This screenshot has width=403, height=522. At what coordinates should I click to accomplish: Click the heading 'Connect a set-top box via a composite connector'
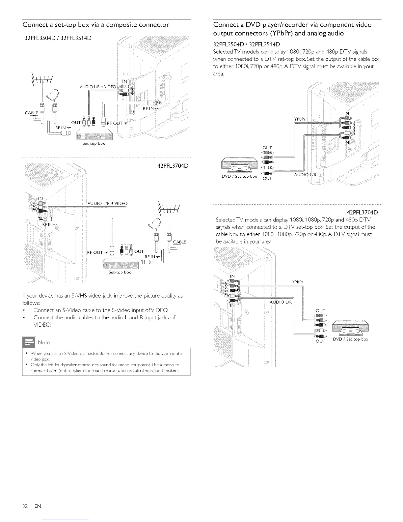(96, 25)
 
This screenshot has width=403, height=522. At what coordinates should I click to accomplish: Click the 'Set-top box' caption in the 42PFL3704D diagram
(120, 273)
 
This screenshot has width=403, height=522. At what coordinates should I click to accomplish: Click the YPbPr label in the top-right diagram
(300, 119)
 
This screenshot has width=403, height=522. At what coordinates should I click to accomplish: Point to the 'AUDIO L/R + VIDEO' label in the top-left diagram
(97, 87)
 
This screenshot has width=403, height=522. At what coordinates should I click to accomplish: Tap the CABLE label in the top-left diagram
(31, 113)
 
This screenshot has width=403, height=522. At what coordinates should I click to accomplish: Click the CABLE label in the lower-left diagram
(179, 242)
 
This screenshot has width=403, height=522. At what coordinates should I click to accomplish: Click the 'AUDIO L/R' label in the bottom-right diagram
(281, 303)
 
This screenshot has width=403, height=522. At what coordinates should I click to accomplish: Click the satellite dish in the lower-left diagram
(155, 225)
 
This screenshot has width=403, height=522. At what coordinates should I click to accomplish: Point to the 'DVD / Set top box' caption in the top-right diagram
(239, 176)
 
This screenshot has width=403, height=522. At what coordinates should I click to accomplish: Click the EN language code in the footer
(38, 506)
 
